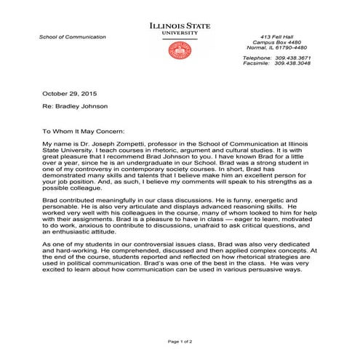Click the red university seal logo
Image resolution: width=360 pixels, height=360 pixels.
pos(179,49)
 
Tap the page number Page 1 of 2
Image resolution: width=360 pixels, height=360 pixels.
pos(180,341)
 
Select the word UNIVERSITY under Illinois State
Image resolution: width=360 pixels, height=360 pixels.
pos(180,33)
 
